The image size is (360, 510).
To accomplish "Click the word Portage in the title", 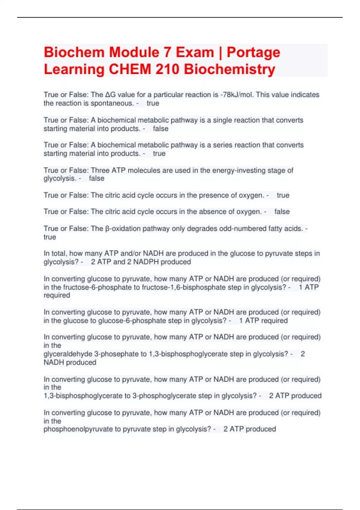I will (253, 53).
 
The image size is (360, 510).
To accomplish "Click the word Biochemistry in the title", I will (229, 69).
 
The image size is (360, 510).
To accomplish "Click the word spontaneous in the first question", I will (112, 103).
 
